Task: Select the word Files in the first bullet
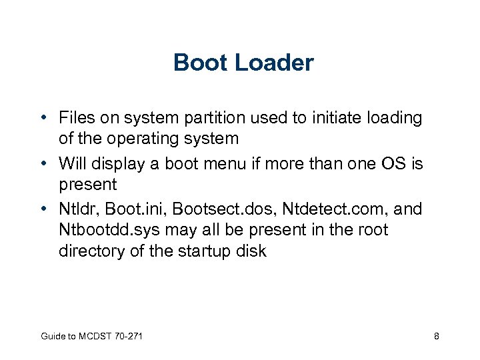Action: coord(77,118)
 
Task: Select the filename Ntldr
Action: coord(77,209)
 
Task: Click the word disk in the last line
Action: coord(252,252)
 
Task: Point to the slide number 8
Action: coord(436,337)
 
